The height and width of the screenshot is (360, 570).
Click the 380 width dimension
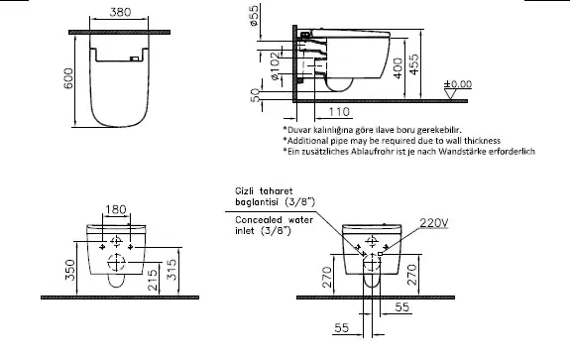click(120, 12)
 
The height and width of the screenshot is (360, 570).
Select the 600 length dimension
click(68, 78)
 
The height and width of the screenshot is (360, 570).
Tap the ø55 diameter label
click(254, 15)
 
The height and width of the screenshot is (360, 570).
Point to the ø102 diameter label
click(276, 66)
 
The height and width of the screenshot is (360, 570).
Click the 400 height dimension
click(399, 68)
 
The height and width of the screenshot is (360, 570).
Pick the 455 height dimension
click(413, 64)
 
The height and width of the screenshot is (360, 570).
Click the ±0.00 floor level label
click(458, 84)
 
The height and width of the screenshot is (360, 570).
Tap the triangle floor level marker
click(450, 94)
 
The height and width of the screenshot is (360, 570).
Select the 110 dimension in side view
click(339, 112)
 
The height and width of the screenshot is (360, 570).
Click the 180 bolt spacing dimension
click(116, 209)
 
